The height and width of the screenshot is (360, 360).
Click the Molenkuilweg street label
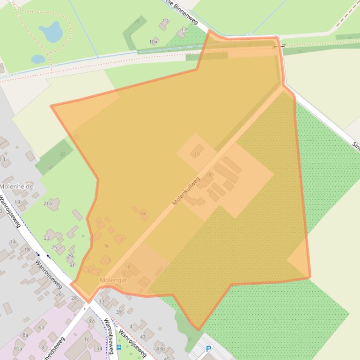click(186, 191)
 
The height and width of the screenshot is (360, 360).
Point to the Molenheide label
click(16, 186)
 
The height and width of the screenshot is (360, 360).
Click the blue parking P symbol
click(209, 349)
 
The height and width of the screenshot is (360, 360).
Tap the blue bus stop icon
click(119, 347)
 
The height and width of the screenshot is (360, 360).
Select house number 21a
click(47, 203)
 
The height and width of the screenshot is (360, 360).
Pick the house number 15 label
click(197, 154)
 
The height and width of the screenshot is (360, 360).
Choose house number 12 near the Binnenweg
click(184, 29)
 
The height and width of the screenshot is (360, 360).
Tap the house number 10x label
click(153, 42)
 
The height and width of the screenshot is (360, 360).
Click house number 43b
click(161, 349)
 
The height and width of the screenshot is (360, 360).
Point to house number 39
click(119, 312)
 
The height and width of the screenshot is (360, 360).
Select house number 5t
click(106, 246)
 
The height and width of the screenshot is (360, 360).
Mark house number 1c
click(86, 339)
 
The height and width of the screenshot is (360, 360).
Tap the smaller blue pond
click(38, 59)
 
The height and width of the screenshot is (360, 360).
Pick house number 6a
click(41, 327)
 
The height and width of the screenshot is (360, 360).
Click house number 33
click(102, 302)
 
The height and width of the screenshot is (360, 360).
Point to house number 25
click(54, 247)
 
